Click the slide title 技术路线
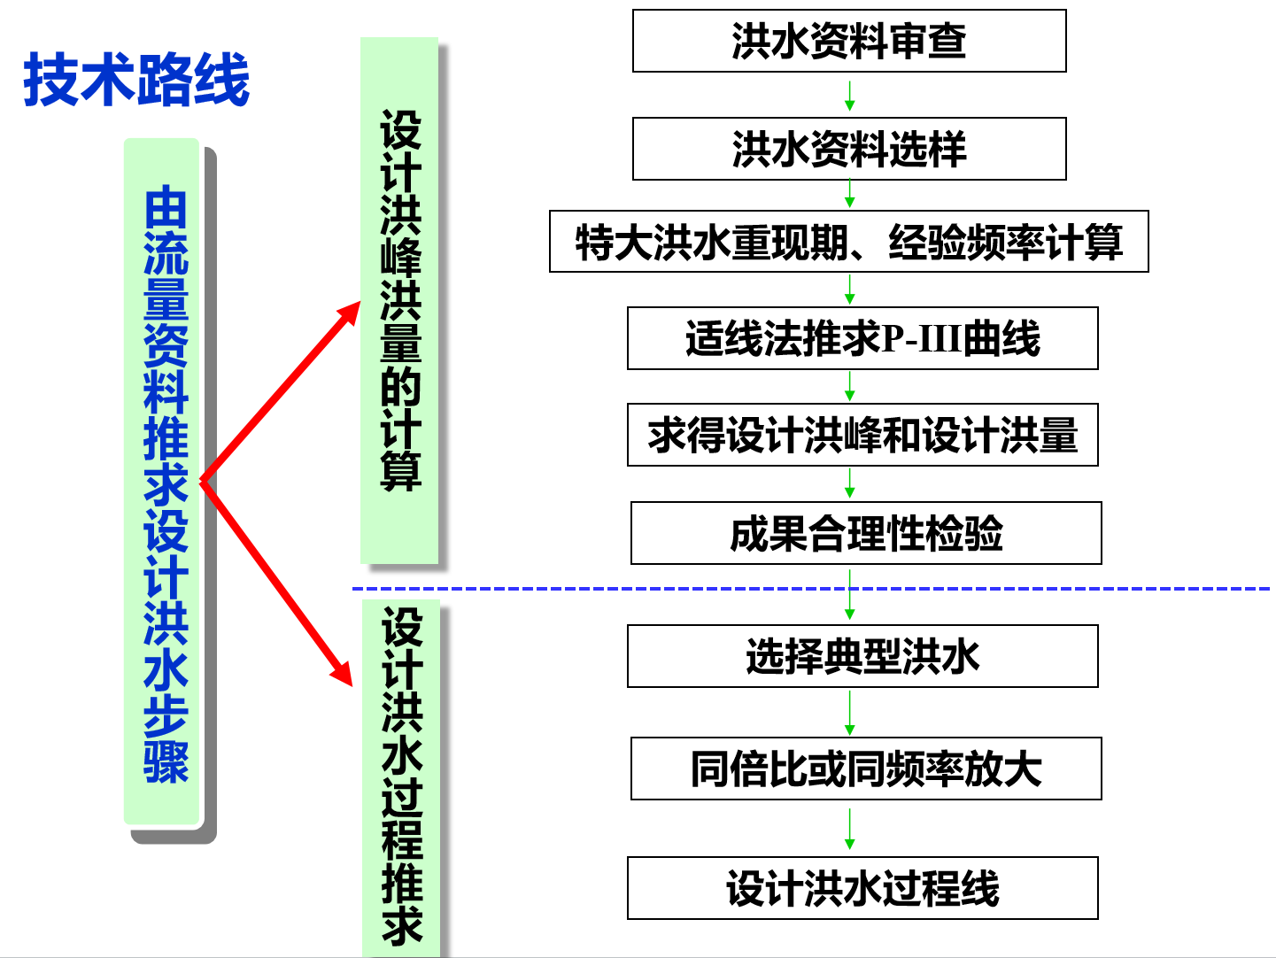(x=136, y=80)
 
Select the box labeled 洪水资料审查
(x=848, y=41)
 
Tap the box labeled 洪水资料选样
(x=848, y=149)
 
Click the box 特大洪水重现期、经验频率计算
(x=848, y=241)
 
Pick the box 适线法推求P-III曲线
(x=862, y=338)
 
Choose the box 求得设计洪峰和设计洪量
(x=862, y=435)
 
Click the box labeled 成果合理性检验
(x=865, y=533)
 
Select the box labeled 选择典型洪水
(x=862, y=656)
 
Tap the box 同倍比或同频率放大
(x=865, y=769)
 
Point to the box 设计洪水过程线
(x=862, y=888)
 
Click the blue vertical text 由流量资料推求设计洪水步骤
(x=166, y=483)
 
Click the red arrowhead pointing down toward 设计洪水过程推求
(x=342, y=672)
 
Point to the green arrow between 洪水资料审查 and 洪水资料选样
(x=849, y=96)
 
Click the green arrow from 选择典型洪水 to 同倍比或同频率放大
(x=849, y=713)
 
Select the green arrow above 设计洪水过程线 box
(x=849, y=830)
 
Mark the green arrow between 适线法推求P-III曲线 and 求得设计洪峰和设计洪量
(x=849, y=387)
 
